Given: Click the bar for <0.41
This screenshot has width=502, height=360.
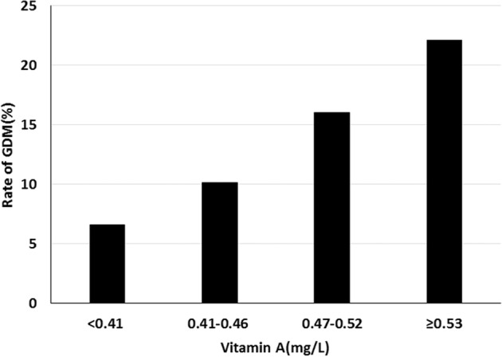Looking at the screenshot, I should click(106, 264).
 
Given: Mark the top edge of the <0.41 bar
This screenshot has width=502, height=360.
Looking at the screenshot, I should click(106, 225).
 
